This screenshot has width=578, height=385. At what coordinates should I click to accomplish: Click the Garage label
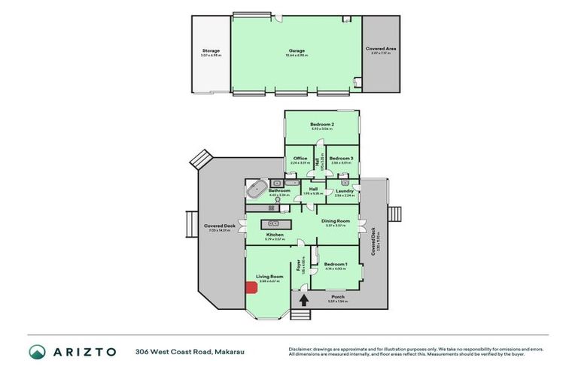[295, 50]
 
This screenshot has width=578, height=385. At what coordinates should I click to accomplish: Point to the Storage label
[211, 50]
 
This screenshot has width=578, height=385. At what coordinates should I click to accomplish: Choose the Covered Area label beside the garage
[381, 48]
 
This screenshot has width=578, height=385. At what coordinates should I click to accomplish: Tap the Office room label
[300, 158]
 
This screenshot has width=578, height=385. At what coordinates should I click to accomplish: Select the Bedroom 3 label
[341, 158]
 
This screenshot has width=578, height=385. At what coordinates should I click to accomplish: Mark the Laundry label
[345, 191]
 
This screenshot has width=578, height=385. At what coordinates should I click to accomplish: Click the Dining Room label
[336, 220]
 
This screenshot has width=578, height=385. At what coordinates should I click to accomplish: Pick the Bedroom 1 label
[335, 264]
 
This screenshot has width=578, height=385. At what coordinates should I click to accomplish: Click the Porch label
[337, 296]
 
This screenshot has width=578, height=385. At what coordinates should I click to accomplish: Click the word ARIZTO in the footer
[84, 352]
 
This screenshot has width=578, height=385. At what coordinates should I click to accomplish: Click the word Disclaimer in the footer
[301, 349]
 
